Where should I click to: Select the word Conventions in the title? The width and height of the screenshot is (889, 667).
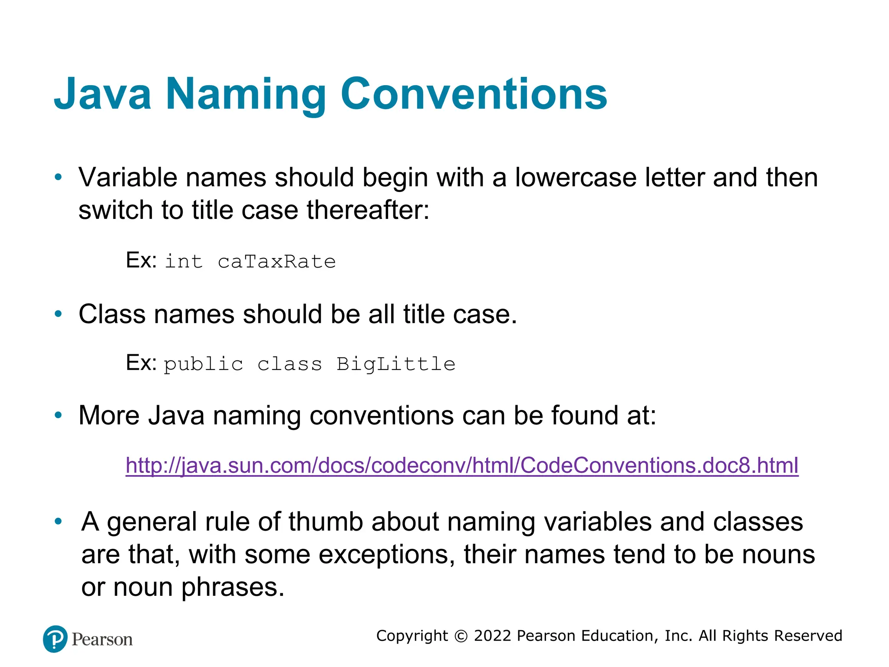[474, 94]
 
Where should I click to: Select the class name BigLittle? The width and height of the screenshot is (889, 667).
[395, 364]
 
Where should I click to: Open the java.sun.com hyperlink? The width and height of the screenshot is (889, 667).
[462, 465]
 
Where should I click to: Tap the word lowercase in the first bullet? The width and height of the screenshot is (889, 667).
[576, 178]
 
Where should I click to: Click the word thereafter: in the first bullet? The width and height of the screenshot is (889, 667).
[368, 211]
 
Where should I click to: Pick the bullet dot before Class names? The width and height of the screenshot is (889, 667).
[58, 314]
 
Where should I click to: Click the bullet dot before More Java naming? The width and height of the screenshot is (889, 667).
[58, 416]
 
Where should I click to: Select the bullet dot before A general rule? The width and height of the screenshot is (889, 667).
[58, 522]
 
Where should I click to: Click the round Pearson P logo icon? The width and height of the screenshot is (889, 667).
[55, 639]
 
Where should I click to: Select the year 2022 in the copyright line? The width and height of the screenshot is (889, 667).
[493, 636]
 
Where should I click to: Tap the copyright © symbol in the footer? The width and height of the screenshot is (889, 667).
[461, 636]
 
